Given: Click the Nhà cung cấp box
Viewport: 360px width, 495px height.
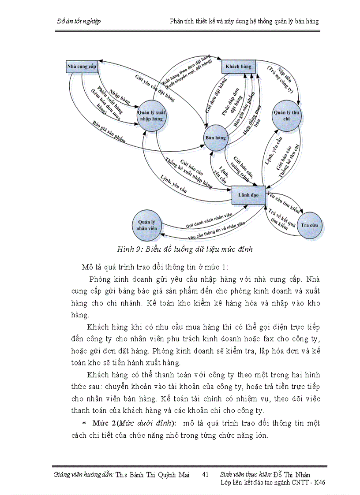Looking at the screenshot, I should [82, 67].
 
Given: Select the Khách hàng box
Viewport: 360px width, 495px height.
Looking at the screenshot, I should [238, 67].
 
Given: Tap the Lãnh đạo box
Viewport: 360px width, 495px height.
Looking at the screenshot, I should [248, 194].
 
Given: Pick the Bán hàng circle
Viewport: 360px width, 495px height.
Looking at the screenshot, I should [215, 138].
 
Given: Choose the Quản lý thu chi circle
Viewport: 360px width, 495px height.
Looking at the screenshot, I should [287, 115].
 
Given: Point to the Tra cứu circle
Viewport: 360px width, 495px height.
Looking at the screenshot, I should [311, 225].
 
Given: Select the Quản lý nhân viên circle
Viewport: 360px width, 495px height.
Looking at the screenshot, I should [147, 224].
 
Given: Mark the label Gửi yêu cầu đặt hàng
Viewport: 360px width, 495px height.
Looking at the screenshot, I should [155, 88].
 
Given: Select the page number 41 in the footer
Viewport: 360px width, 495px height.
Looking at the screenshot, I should [205, 475].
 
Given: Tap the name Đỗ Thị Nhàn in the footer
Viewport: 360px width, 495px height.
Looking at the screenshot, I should [292, 475].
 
